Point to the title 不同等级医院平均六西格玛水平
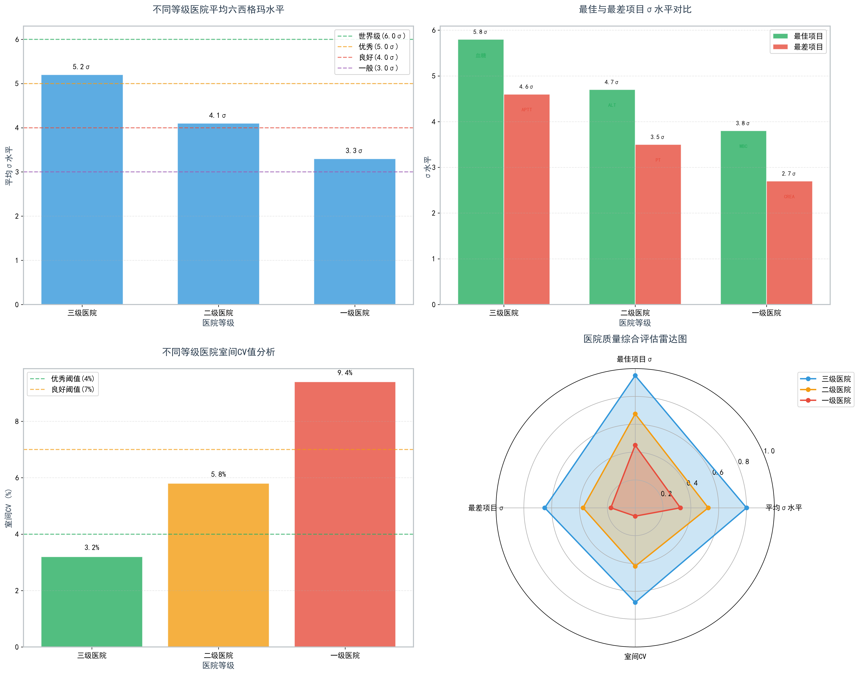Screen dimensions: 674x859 (x=218, y=9)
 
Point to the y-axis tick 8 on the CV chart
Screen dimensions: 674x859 (x=17, y=421)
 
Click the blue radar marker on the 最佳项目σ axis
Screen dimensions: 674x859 (x=635, y=376)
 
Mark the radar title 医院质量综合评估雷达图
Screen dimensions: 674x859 (x=635, y=339)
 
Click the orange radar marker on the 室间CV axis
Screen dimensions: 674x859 (x=635, y=566)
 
